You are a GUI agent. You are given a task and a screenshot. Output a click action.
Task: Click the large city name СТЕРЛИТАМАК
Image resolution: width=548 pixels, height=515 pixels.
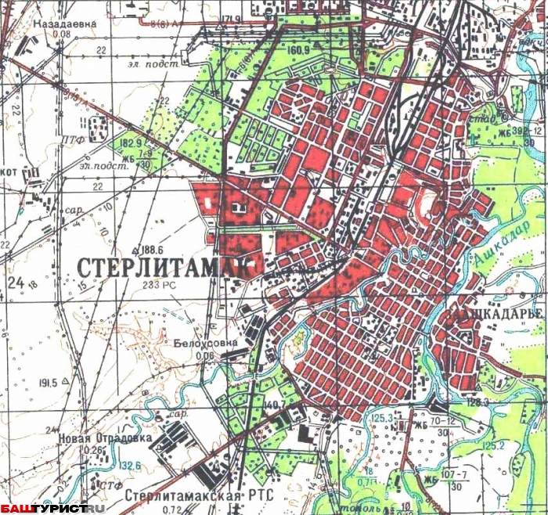[x=167, y=265]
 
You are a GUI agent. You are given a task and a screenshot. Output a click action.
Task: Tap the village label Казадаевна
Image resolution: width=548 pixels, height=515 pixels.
[x=64, y=23]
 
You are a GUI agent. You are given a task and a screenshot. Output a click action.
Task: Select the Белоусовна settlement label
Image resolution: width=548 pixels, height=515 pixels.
[x=204, y=343]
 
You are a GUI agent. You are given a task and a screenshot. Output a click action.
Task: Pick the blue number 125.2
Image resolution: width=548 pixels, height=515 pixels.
[x=493, y=445]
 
